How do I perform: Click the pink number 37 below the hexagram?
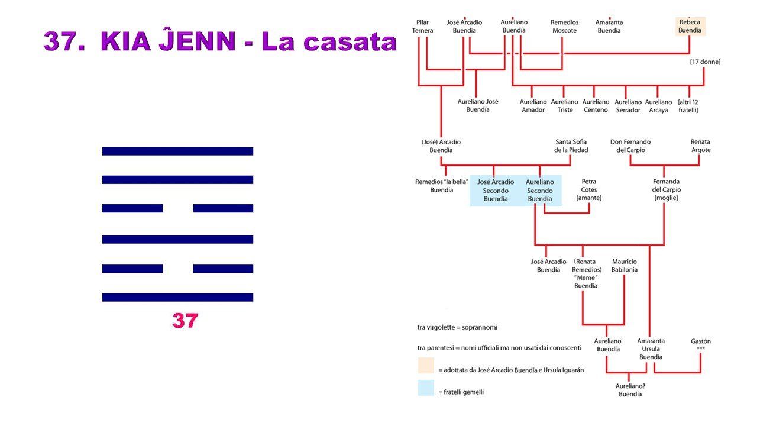(185, 321)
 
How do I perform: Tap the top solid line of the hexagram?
(178, 151)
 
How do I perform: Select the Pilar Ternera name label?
(422, 27)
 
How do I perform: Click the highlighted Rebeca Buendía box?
(690, 27)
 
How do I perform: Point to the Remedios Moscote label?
(564, 27)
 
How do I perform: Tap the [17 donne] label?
(705, 62)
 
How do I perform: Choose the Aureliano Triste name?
(565, 106)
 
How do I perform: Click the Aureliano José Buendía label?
(478, 105)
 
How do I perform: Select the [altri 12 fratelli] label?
(688, 106)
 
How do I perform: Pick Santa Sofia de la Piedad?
(571, 146)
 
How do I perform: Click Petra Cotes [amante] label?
(588, 190)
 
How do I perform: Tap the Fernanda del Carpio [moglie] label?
(666, 190)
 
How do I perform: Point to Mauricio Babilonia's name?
(625, 266)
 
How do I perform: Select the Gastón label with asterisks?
(701, 344)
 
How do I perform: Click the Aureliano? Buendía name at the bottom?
(630, 390)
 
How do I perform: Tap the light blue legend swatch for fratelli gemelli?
(426, 388)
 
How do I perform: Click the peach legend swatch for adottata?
(426, 366)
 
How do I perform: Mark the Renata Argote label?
(701, 146)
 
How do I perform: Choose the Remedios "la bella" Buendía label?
(441, 186)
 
